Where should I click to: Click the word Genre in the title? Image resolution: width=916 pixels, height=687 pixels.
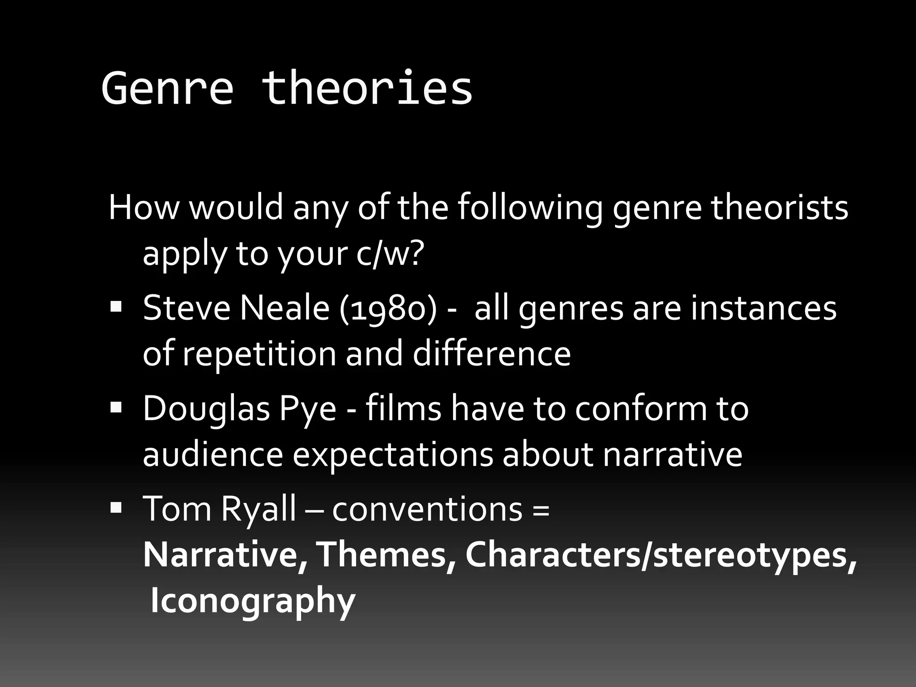point(168,89)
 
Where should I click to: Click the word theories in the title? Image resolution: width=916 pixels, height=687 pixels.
point(367,89)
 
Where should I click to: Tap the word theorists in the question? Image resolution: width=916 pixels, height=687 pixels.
point(779,208)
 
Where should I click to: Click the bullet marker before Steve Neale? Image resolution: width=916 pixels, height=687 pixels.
point(116,307)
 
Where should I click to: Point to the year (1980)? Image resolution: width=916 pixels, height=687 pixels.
point(387,310)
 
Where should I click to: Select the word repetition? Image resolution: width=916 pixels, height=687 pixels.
point(259,355)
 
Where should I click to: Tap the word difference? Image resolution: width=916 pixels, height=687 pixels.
point(491,354)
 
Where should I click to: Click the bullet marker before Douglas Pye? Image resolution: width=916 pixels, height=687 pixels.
point(116,407)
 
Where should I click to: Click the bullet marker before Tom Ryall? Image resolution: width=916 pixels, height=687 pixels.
point(116,508)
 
